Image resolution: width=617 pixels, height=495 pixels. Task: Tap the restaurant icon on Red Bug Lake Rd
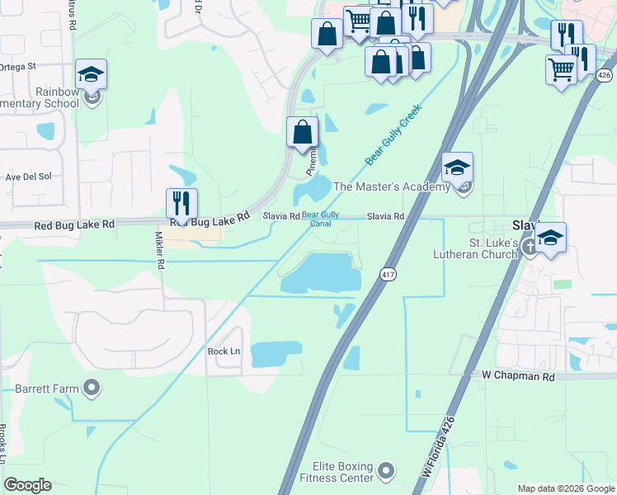(181, 203)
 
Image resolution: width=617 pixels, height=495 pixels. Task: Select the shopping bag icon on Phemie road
(303, 131)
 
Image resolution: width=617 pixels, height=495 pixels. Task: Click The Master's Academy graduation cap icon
(457, 167)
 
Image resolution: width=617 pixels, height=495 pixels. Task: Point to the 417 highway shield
(386, 274)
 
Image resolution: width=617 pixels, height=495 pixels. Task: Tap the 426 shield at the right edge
(605, 75)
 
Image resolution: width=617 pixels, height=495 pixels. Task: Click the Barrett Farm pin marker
(92, 387)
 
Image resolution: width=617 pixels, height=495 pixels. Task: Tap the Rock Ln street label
(223, 351)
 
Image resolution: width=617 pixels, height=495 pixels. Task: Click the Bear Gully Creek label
(393, 133)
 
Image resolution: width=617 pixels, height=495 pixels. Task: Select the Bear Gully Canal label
(321, 220)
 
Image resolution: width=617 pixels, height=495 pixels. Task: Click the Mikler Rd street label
(160, 251)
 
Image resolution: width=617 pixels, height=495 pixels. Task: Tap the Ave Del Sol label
(28, 177)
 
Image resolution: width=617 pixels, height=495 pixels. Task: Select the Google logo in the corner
(28, 485)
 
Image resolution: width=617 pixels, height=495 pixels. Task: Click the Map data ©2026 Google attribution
(566, 488)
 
